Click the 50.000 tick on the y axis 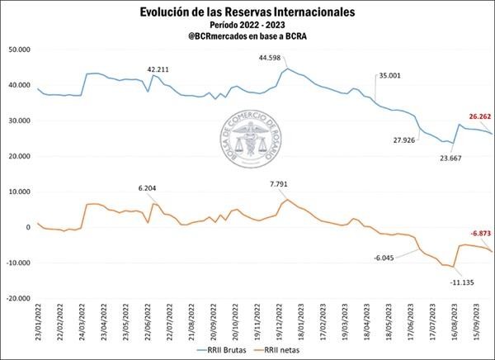(x=18, y=50)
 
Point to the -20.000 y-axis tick (x=17, y=298)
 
